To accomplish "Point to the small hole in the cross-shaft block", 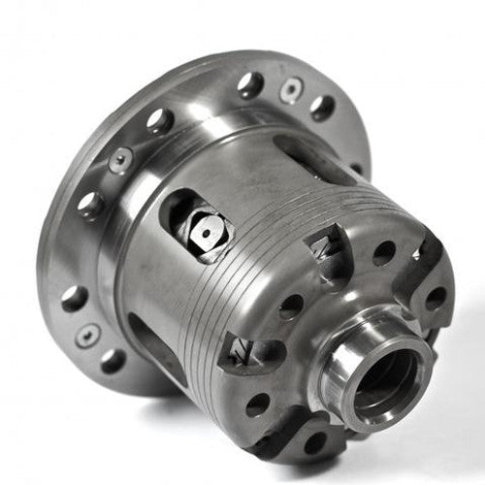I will point(209,234).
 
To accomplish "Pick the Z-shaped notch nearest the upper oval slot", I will point(331,239).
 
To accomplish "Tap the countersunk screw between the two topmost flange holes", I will point(289,91).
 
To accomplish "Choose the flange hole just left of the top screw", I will point(249,84).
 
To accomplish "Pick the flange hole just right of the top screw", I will point(322,107).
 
